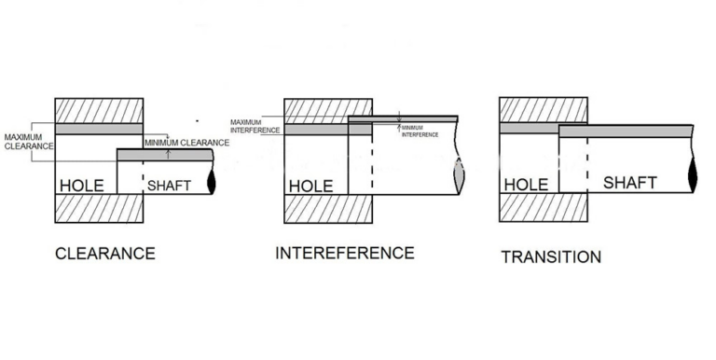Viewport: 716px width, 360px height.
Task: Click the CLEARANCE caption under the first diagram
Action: [104, 254]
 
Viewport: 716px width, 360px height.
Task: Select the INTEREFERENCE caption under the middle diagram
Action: [345, 253]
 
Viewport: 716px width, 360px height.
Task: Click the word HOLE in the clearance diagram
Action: [81, 186]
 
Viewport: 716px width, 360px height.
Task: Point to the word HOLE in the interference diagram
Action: [310, 186]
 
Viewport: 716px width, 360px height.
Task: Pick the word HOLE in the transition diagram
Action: [526, 185]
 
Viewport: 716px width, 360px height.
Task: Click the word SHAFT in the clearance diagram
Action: [169, 186]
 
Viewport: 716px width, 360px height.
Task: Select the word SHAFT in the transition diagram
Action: [630, 183]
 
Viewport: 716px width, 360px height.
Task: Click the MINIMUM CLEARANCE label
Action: [186, 143]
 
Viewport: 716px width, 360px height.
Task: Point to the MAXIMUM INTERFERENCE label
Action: [255, 124]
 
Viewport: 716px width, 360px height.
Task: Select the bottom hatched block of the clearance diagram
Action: [98, 208]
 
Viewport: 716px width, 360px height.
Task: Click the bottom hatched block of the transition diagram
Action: [544, 208]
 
